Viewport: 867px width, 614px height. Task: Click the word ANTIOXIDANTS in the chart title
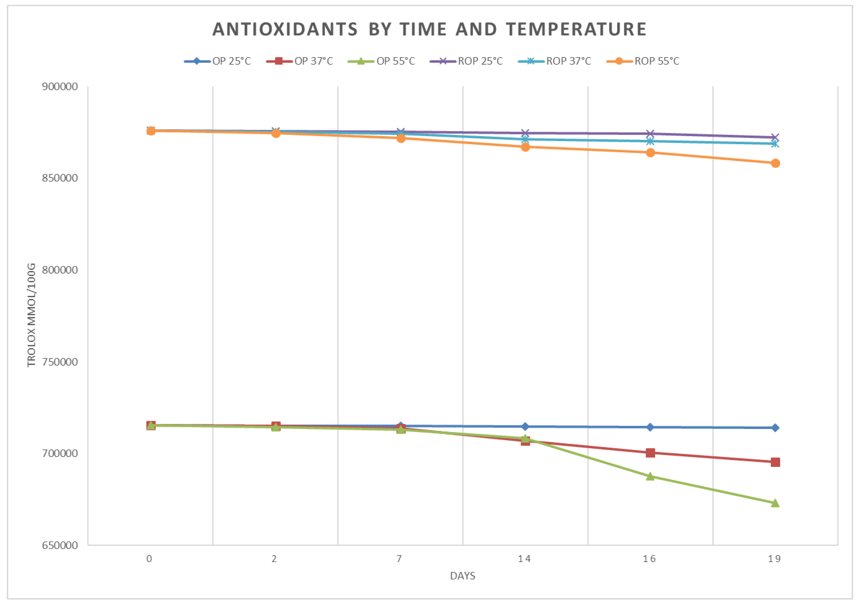(285, 29)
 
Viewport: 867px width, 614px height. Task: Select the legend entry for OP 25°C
(217, 61)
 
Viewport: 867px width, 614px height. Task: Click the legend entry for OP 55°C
(382, 61)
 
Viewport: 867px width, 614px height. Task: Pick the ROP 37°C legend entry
(555, 61)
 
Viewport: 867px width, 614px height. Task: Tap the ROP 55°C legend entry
(643, 61)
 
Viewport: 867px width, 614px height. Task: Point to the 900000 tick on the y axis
(60, 87)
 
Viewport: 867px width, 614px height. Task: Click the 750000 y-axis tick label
(60, 362)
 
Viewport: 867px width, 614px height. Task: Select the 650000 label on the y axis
(60, 545)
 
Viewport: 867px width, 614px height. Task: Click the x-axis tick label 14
(525, 559)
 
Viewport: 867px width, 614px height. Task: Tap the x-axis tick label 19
(774, 559)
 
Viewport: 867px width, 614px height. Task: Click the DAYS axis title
(463, 576)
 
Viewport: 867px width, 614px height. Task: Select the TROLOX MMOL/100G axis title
(31, 315)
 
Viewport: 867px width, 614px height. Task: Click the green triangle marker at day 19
(775, 503)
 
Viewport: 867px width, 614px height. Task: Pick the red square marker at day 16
(650, 453)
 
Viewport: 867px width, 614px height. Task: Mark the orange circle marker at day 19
(775, 163)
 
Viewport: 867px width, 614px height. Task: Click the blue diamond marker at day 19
(775, 428)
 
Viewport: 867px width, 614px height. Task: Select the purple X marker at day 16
(650, 134)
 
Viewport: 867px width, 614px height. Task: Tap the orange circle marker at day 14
(525, 147)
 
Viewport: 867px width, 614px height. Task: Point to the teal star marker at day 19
(775, 144)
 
